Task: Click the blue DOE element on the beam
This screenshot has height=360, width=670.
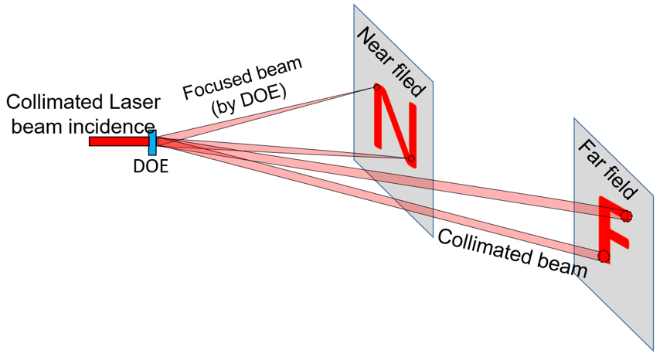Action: pyautogui.click(x=153, y=142)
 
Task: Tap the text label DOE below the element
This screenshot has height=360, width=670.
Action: pyautogui.click(x=150, y=164)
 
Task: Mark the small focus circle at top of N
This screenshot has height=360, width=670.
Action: pyautogui.click(x=377, y=87)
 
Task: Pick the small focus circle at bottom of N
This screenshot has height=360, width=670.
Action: pyautogui.click(x=411, y=160)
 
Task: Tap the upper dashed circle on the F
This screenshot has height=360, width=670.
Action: pyautogui.click(x=626, y=216)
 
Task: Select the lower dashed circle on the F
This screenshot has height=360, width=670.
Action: pyautogui.click(x=604, y=256)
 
